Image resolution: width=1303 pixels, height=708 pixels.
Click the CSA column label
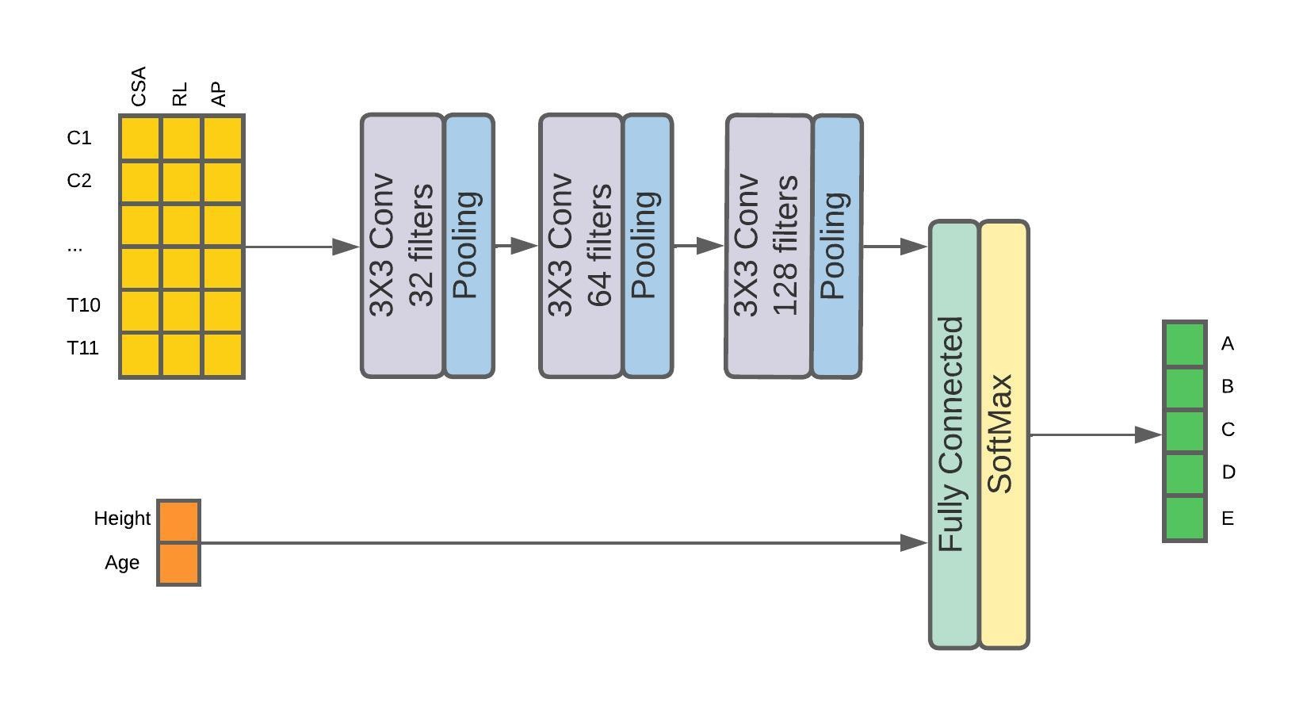point(139,87)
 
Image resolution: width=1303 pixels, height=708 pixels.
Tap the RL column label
point(180,94)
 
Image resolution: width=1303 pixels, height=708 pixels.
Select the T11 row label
point(83,348)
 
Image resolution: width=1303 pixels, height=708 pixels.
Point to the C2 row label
point(79,181)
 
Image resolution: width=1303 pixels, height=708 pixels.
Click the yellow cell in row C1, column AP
point(223,139)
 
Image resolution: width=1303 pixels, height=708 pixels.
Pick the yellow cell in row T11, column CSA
point(140,354)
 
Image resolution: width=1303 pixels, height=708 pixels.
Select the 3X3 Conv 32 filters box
point(403,246)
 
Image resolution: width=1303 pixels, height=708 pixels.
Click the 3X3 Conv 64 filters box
point(581,246)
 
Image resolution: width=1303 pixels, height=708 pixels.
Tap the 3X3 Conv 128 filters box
point(769,246)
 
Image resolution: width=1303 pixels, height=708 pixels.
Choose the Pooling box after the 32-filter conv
point(469,246)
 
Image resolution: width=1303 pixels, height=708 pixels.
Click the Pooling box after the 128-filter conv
point(837,246)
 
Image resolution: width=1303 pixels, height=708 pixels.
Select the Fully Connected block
point(953,434)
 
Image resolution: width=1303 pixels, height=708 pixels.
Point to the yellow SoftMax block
point(1004,434)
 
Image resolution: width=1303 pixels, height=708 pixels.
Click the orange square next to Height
point(179,522)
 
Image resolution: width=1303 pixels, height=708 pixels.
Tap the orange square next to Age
point(179,564)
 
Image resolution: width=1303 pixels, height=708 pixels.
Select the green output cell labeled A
point(1185,344)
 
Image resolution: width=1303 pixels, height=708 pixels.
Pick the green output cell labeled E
point(1185,519)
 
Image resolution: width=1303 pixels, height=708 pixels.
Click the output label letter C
point(1228,430)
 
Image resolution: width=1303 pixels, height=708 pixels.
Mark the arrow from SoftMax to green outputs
point(1095,434)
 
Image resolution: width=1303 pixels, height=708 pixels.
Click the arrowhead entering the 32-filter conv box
point(346,247)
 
